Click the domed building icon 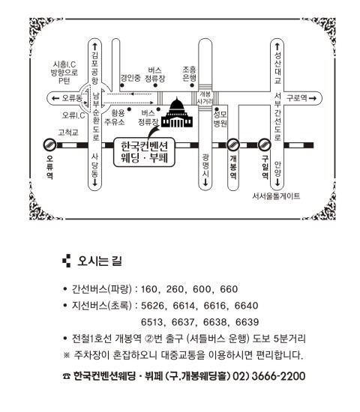(177, 112)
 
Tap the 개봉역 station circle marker (233, 145)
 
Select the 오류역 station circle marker (49, 145)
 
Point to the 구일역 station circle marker (265, 145)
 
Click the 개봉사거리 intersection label (205, 97)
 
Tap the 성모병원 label (220, 119)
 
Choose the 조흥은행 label (190, 74)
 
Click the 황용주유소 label (115, 118)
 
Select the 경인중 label (130, 78)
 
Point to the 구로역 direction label (296, 98)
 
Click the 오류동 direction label (72, 98)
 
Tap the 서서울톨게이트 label (276, 196)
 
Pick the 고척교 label (68, 132)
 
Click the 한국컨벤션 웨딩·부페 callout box (144, 152)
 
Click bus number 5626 (152, 306)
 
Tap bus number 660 (229, 289)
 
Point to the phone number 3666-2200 (278, 376)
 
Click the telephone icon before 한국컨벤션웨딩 (67, 376)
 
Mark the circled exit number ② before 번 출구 (149, 339)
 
